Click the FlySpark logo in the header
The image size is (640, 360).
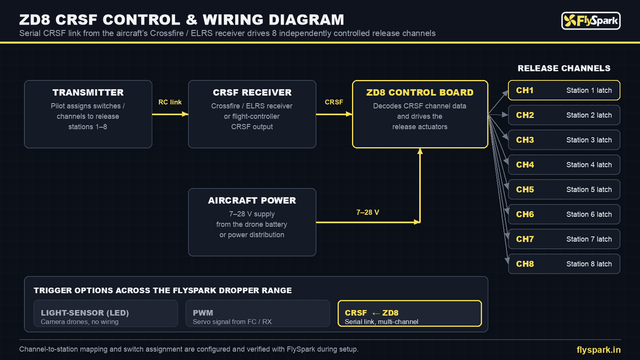[591, 21]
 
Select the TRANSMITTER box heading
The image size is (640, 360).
[88, 93]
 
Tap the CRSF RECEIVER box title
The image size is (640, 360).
[252, 93]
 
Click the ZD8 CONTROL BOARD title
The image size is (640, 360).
[420, 93]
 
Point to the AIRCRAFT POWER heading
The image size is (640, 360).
[252, 201]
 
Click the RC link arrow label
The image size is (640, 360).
[170, 102]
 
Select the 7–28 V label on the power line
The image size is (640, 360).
[367, 212]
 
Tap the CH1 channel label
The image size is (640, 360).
[525, 90]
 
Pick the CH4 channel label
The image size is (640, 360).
[525, 165]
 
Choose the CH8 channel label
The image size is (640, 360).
[525, 263]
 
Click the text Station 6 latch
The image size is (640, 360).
[589, 214]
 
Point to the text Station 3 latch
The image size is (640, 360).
[589, 140]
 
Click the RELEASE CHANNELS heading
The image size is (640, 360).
[564, 68]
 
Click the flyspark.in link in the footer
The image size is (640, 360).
[598, 350]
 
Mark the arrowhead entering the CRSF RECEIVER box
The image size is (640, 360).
[185, 114]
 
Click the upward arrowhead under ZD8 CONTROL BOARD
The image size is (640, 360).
[420, 151]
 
